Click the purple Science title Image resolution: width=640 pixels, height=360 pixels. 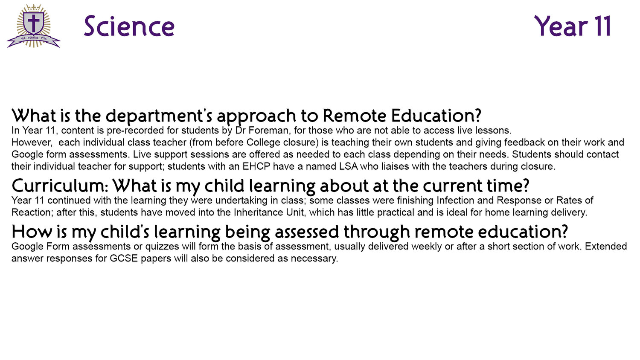(129, 26)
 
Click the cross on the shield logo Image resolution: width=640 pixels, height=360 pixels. (33, 23)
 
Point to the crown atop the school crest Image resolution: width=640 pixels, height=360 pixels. (34, 8)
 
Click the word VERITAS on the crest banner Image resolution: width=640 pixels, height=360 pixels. (33, 38)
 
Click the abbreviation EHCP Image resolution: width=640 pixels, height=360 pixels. (256, 166)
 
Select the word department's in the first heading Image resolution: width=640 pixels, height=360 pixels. (159, 116)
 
